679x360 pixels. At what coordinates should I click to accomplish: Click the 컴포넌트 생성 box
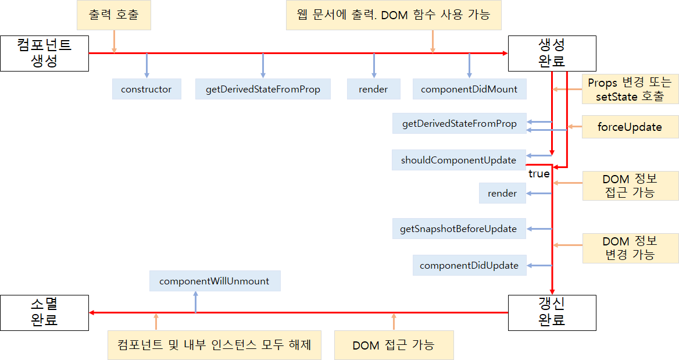[x=44, y=54]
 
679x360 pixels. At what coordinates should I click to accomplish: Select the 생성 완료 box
[x=552, y=54]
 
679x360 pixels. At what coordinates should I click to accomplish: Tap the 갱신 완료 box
[x=552, y=312]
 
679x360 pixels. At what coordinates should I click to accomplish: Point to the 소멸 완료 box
[x=44, y=312]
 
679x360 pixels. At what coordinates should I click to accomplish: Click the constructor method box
[x=146, y=89]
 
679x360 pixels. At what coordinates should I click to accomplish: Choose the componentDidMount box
[x=469, y=89]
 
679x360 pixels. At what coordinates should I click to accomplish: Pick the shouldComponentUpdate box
[x=459, y=160]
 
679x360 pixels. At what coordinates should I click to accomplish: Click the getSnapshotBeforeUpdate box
[x=459, y=229]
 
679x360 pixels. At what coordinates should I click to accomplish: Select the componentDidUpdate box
[x=469, y=265]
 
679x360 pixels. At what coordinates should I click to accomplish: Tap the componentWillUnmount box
[x=215, y=281]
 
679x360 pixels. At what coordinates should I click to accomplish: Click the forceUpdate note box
[x=630, y=127]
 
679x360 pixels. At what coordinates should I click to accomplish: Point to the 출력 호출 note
[x=114, y=15]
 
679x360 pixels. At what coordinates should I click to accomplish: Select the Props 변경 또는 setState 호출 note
[x=630, y=90]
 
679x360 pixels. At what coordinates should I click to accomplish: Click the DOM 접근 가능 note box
[x=394, y=345]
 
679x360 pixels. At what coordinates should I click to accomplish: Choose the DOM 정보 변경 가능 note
[x=630, y=248]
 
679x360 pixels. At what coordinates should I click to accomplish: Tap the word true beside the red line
[x=539, y=174]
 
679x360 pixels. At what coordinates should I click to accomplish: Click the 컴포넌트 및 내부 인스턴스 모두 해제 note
[x=215, y=345]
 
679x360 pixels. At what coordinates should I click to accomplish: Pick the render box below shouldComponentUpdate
[x=502, y=193]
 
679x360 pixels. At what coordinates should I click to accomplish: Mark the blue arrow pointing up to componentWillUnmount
[x=195, y=301]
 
